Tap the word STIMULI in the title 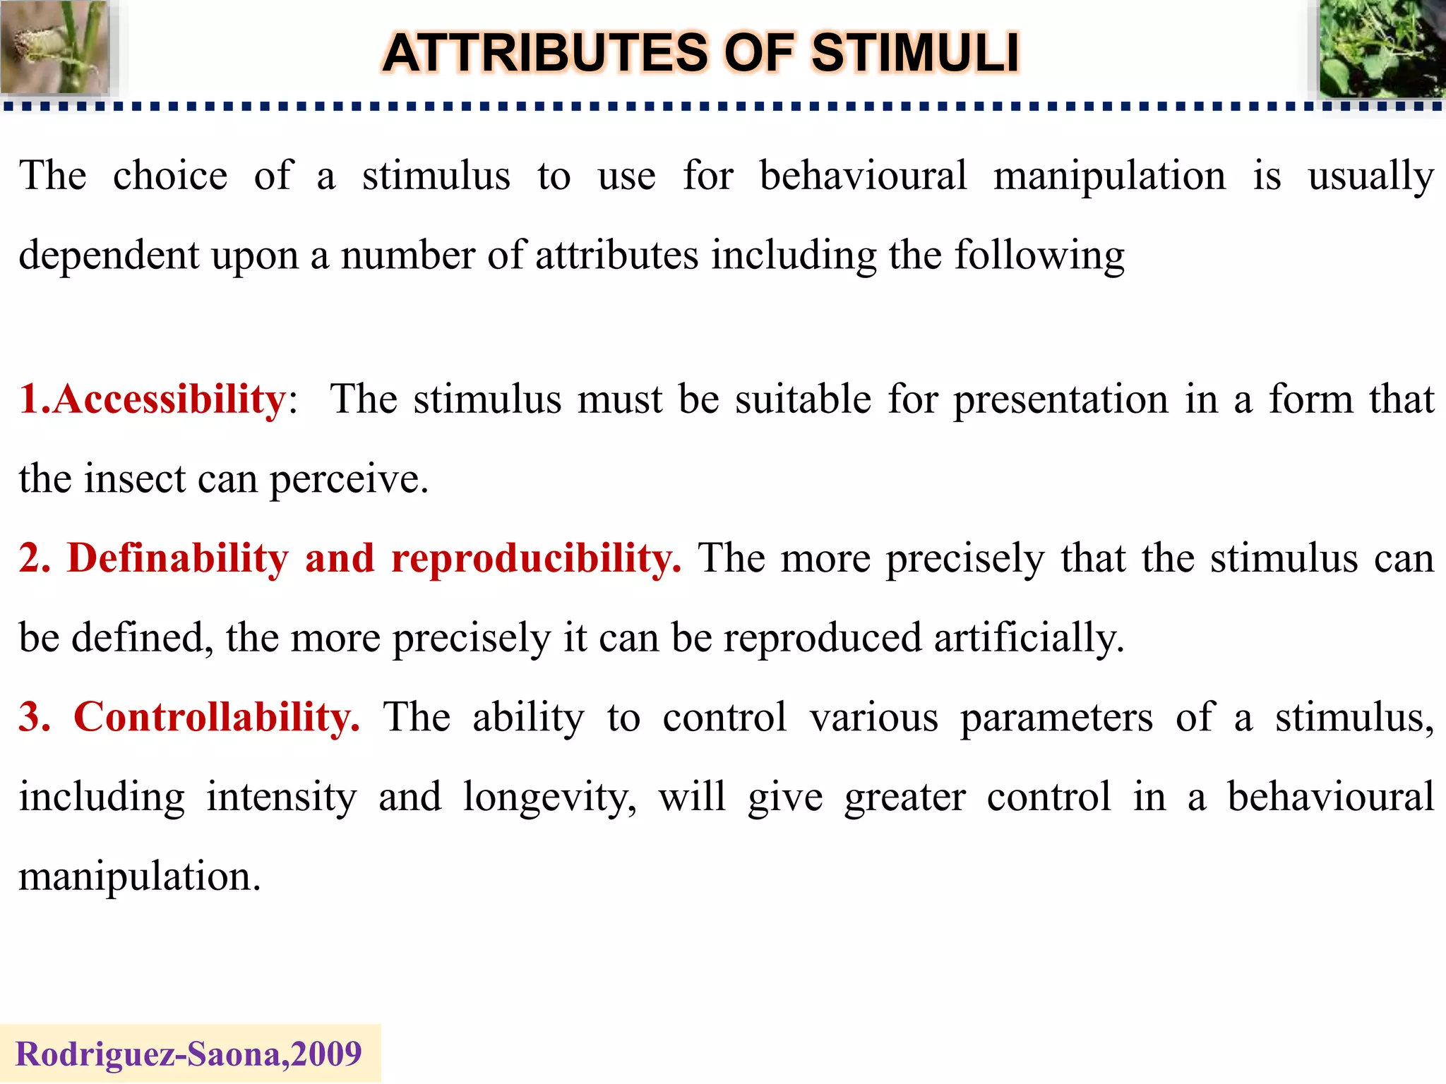pyautogui.click(x=915, y=54)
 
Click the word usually pyautogui.click(x=1370, y=176)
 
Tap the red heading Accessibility pyautogui.click(x=169, y=399)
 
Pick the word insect pyautogui.click(x=135, y=478)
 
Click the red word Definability pyautogui.click(x=177, y=558)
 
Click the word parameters pyautogui.click(x=1056, y=718)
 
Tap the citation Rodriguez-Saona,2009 pyautogui.click(x=189, y=1054)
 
